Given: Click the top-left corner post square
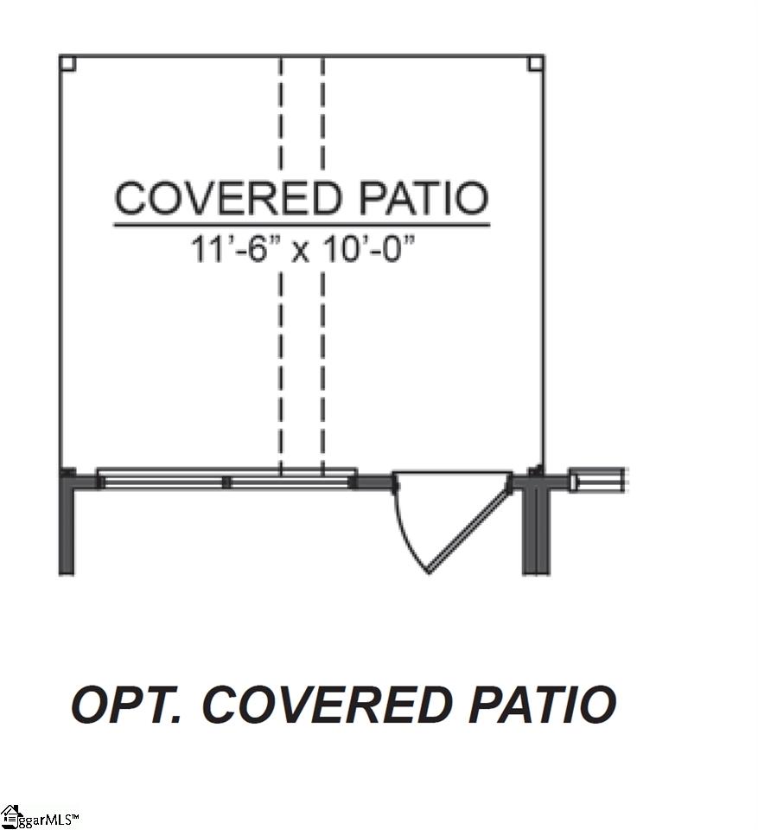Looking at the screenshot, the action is pos(67,63).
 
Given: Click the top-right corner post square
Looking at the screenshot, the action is pos(535,63).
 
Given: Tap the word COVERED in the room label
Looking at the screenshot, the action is pos(228,197).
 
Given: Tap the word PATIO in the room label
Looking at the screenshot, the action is pos(423,197).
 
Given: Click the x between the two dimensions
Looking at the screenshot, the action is pos(301,252).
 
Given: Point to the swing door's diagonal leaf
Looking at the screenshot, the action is pos(469,530).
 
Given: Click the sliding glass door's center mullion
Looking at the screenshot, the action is pos(226,482).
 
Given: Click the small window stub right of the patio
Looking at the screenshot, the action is pos(597,481).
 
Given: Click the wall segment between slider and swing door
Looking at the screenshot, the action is pos(373,482).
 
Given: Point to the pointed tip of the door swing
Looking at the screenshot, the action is pos(429,572).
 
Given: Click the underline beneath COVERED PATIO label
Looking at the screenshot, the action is pos(302,226).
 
